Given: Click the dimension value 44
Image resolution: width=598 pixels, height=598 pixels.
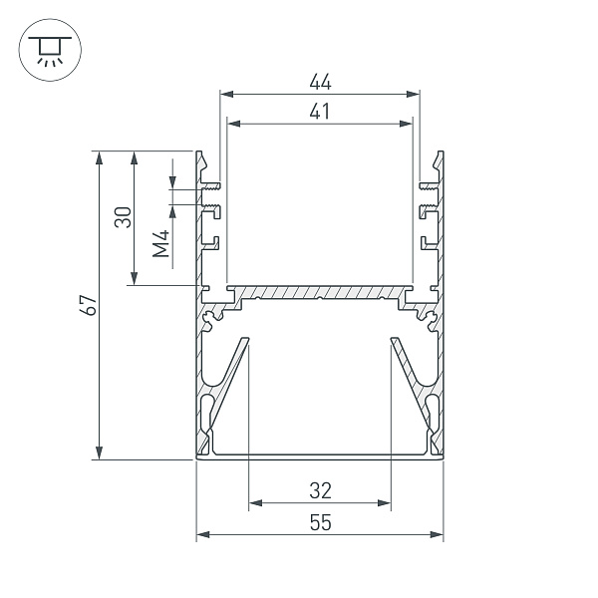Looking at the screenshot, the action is tap(320, 82).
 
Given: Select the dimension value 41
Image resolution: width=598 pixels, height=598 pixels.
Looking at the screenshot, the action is tap(320, 112).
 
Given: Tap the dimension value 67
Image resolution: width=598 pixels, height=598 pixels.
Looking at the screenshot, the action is tap(88, 305).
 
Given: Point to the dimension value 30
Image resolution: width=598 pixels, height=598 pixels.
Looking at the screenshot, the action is tap(123, 217).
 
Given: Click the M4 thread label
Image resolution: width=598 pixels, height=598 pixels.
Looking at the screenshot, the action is tap(160, 244).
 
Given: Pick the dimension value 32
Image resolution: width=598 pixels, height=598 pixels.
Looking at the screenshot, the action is tap(320, 490).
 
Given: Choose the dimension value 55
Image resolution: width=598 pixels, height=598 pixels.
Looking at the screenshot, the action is tap(320, 522).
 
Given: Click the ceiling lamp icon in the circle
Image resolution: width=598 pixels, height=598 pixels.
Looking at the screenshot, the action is tap(50, 50).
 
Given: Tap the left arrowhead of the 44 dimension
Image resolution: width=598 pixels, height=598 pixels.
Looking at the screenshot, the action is tap(226, 95).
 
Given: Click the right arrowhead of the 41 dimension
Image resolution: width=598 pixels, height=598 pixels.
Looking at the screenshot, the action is tap(406, 124).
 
